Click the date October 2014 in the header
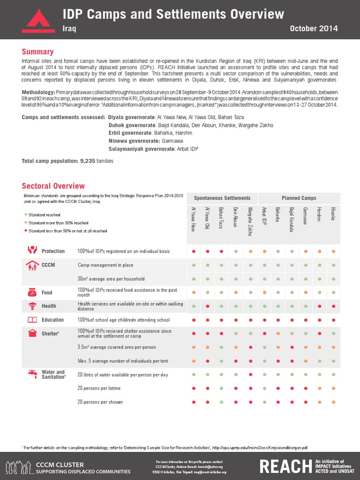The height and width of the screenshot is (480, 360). (314, 29)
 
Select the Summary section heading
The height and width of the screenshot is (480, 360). (38, 52)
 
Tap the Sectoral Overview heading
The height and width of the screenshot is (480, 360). (53, 186)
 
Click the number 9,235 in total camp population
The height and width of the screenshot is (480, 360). (88, 161)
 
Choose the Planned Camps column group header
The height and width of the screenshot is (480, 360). (299, 198)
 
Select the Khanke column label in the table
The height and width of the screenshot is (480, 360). (333, 213)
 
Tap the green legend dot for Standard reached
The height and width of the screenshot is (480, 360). (26, 214)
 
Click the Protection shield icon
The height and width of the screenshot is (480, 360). (32, 250)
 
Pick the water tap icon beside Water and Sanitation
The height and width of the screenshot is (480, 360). (32, 374)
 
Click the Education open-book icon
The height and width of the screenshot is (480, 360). (32, 320)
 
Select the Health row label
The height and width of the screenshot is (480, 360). (49, 306)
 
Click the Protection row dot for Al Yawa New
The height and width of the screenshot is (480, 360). (194, 251)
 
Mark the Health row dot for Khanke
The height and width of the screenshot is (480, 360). (333, 306)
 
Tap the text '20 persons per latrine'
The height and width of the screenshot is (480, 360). (102, 388)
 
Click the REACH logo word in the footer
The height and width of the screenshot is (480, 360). (285, 465)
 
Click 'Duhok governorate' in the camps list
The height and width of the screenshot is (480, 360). (132, 126)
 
